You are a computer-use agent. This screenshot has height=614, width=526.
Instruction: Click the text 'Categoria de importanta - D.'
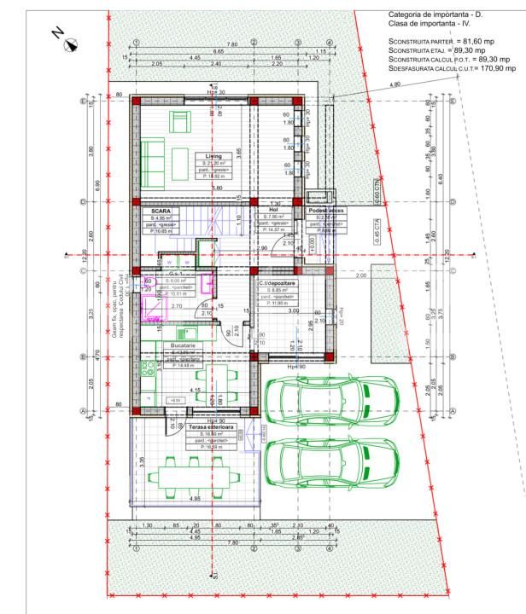[436, 15]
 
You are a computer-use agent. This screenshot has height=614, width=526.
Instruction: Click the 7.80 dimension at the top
[231, 44]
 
